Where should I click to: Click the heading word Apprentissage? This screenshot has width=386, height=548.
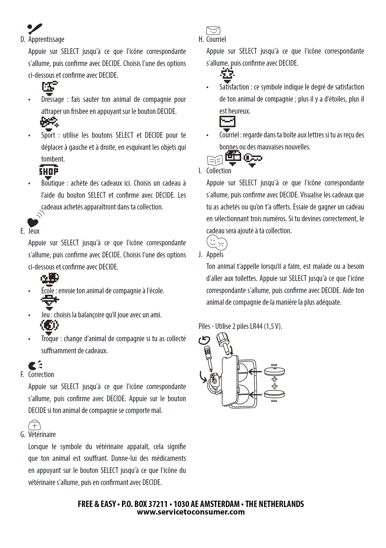tap(46, 39)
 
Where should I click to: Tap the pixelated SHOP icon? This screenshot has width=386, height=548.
tap(49, 171)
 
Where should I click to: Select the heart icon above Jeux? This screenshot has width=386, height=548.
tap(33, 222)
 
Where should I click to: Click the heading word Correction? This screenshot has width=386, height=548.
tap(41, 375)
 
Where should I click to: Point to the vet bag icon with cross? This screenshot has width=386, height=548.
tap(34, 425)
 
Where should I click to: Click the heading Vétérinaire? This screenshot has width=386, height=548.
tap(42, 435)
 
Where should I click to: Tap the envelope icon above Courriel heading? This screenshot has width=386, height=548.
tap(213, 30)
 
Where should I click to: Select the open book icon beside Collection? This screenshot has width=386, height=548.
tap(215, 160)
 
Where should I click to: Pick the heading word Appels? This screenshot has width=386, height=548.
tap(215, 255)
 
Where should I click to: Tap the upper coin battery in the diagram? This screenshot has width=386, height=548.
tap(274, 372)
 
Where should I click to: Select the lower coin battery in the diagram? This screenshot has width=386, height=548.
tap(274, 394)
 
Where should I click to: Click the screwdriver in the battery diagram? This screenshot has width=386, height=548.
tap(208, 357)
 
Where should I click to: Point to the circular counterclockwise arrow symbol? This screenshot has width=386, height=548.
tap(204, 341)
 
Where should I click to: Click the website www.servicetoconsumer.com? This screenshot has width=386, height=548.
tap(191, 512)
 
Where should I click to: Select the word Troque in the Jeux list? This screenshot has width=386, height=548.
tap(50, 339)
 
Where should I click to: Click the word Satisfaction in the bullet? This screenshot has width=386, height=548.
tap(234, 87)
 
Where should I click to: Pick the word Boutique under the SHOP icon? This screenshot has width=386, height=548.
tap(53, 183)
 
